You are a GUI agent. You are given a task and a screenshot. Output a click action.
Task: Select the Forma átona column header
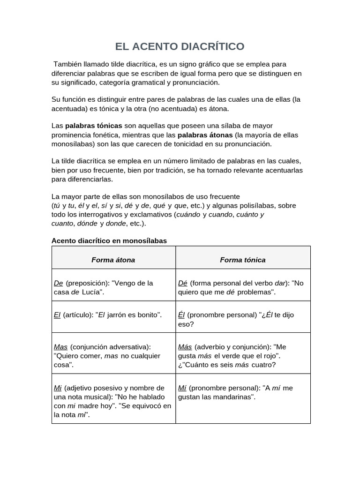(x=113, y=260)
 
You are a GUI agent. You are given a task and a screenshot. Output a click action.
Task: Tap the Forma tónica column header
(x=242, y=260)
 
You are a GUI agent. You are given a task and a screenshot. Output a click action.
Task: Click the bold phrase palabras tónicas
(x=94, y=126)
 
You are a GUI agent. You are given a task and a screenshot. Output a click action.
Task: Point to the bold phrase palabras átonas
(x=205, y=135)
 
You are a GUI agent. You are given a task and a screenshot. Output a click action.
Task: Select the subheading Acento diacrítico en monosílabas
(x=109, y=240)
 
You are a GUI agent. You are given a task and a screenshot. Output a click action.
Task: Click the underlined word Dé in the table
(x=183, y=283)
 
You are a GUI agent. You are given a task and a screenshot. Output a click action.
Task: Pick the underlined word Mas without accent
(x=61, y=347)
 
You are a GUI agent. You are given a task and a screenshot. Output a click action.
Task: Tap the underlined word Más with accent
(x=185, y=347)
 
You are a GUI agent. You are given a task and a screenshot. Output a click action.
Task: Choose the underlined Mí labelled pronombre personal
(x=182, y=388)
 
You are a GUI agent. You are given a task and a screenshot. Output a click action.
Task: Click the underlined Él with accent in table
(x=181, y=315)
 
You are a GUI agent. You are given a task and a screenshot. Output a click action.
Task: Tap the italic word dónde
(x=87, y=223)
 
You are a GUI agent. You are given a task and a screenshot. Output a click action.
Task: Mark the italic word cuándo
(x=188, y=214)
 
